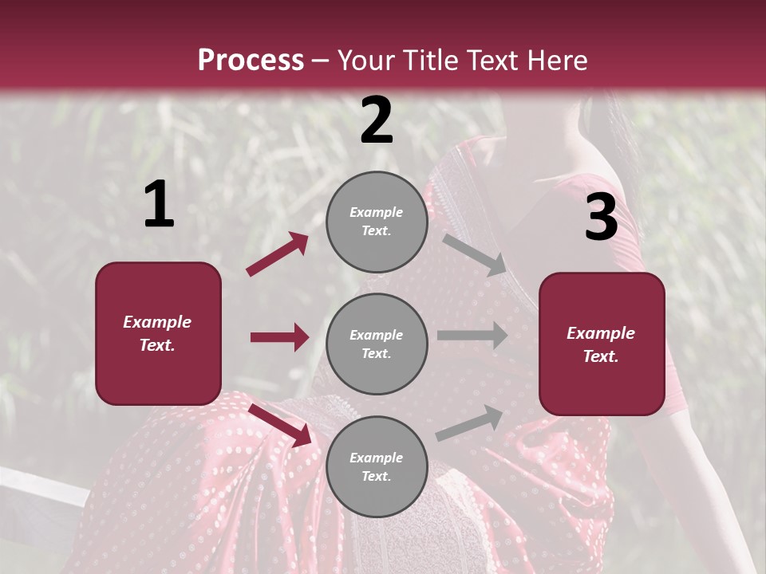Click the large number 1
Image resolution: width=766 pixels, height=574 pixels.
point(159,205)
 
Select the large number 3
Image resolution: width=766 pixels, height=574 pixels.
point(601,218)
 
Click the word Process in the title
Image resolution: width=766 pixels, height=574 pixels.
point(251,60)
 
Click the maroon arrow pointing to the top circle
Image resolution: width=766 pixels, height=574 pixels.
point(278,254)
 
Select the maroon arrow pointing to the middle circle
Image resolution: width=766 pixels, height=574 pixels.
point(279,337)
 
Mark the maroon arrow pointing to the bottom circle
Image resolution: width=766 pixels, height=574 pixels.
point(281,424)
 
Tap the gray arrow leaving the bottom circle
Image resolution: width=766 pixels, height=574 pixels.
point(470,423)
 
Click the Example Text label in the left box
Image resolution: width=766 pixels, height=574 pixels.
point(157,333)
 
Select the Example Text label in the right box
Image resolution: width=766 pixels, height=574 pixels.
point(601,344)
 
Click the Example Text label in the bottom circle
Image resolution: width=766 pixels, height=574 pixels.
point(377,467)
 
